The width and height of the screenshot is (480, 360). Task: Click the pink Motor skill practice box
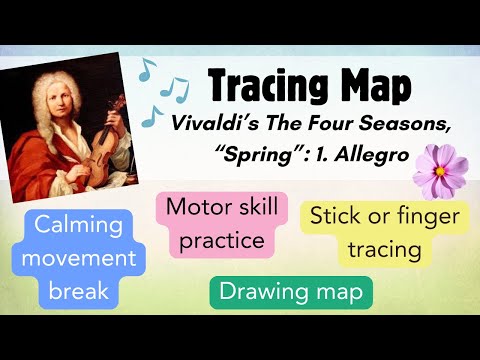[214, 225]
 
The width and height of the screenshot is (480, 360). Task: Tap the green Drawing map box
[291, 292]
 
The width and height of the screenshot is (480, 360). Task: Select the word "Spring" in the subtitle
[237, 149]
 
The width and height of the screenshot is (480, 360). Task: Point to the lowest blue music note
[153, 115]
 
